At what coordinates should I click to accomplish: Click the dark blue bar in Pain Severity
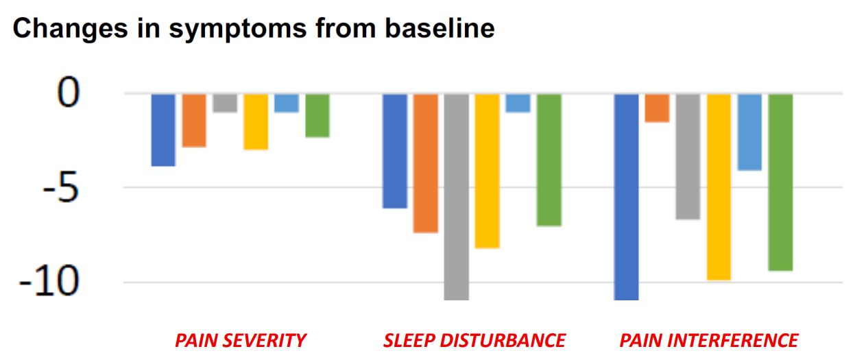[x=163, y=130]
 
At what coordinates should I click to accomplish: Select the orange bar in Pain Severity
[x=194, y=120]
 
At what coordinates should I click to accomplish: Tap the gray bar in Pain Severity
[x=225, y=103]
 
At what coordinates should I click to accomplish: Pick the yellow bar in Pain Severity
[x=256, y=121]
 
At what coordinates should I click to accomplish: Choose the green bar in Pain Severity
[x=317, y=115]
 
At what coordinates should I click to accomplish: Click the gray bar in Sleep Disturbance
[x=457, y=197]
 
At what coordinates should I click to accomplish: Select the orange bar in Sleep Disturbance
[x=426, y=163]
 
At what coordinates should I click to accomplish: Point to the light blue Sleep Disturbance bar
[x=518, y=103]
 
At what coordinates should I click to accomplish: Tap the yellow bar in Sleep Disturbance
[x=487, y=171]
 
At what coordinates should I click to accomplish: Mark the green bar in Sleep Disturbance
[x=549, y=160]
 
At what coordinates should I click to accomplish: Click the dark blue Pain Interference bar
[x=626, y=197]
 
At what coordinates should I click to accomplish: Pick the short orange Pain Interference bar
[x=658, y=108]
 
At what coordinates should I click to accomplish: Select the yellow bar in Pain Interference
[x=719, y=187]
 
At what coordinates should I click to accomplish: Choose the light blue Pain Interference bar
[x=749, y=132]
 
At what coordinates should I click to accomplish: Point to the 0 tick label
[x=69, y=92]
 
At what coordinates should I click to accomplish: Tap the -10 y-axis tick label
[x=49, y=282]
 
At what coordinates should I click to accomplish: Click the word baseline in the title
[x=440, y=28]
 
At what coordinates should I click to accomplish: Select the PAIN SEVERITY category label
[x=241, y=341]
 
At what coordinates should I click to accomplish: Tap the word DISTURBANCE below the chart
[x=503, y=341]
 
